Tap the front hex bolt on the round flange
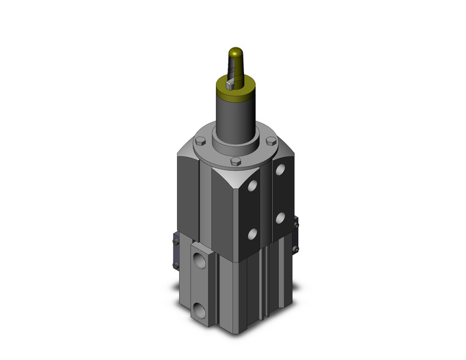[x=235, y=162]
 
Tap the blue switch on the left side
[x=175, y=251]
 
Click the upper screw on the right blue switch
[x=297, y=224]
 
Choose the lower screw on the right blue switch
[x=296, y=248]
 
